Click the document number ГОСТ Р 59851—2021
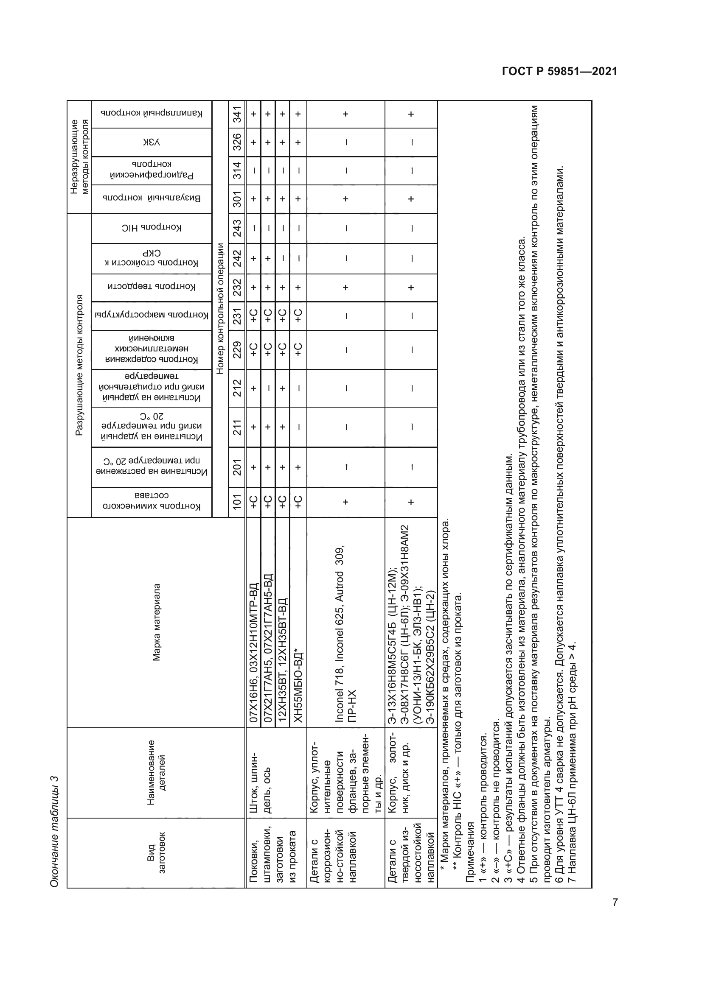(559, 71)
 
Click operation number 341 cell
(237, 114)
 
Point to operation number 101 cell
(237, 502)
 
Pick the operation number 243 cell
(237, 228)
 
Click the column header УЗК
(151, 142)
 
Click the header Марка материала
(157, 623)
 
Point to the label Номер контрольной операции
(220, 308)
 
